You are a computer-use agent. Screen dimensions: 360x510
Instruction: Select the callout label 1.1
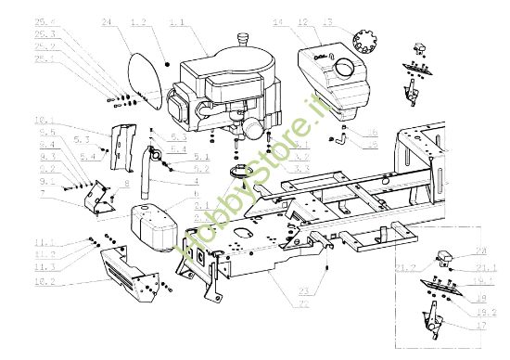(177, 20)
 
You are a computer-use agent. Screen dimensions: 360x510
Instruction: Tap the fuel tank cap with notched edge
(364, 43)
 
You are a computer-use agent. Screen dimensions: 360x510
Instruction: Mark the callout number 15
(372, 145)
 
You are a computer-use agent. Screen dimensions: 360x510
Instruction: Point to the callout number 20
(481, 251)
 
